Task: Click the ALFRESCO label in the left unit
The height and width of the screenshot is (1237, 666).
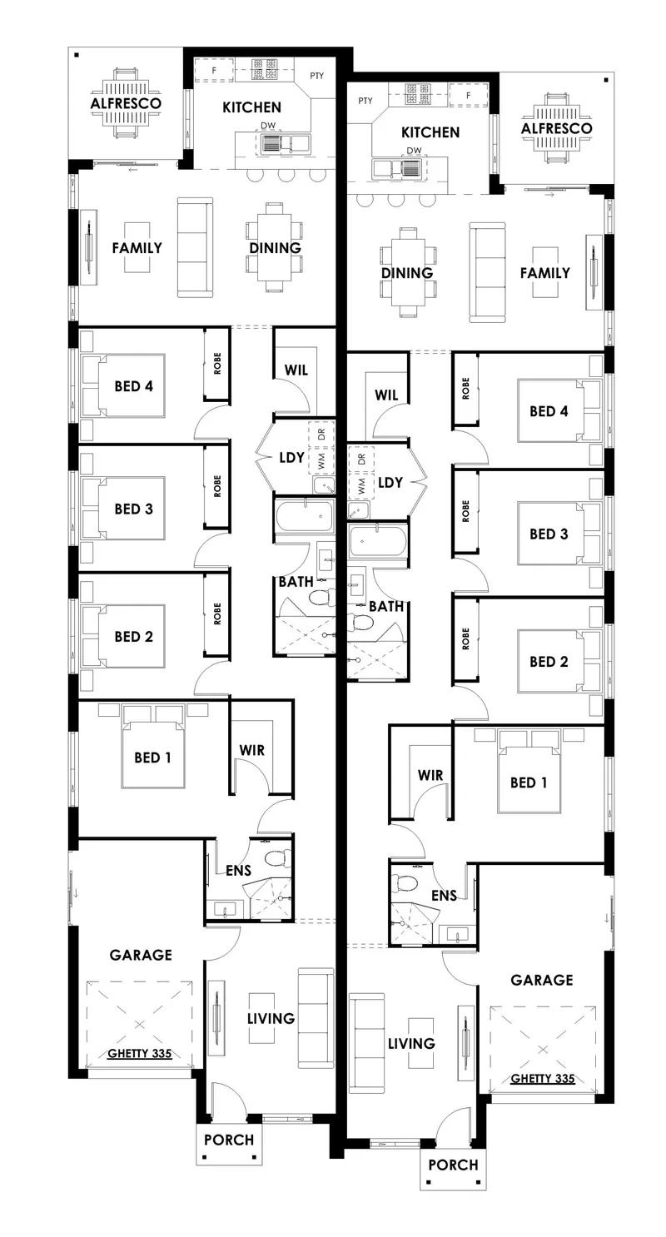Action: coord(126,103)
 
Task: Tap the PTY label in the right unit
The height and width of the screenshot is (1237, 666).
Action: coord(365,101)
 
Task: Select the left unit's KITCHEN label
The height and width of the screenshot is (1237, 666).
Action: coord(251,107)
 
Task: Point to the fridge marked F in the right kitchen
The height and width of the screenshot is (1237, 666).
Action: coord(469,95)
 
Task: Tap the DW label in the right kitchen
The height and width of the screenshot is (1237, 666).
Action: coord(414,150)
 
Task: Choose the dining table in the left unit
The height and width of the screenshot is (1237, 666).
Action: coord(275,247)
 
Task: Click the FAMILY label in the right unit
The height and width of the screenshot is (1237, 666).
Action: coord(545,273)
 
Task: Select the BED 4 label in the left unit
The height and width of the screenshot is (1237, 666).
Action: coord(134,386)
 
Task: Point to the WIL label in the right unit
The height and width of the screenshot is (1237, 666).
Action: coord(386,395)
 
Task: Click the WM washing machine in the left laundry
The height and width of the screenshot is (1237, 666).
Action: coord(321,460)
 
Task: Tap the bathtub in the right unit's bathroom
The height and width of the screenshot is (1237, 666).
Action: coord(378,540)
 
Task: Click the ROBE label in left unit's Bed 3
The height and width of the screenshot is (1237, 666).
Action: coord(217,486)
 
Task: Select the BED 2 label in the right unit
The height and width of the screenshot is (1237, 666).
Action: coord(549,662)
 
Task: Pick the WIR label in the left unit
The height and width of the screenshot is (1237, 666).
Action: coord(251,750)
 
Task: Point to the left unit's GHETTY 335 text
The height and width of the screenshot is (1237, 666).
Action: coord(140,1053)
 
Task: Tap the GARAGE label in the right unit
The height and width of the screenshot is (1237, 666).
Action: coord(542,981)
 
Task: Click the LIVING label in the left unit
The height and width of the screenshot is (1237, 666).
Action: coord(271,1018)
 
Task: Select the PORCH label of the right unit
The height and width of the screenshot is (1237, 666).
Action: coord(453,1165)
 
